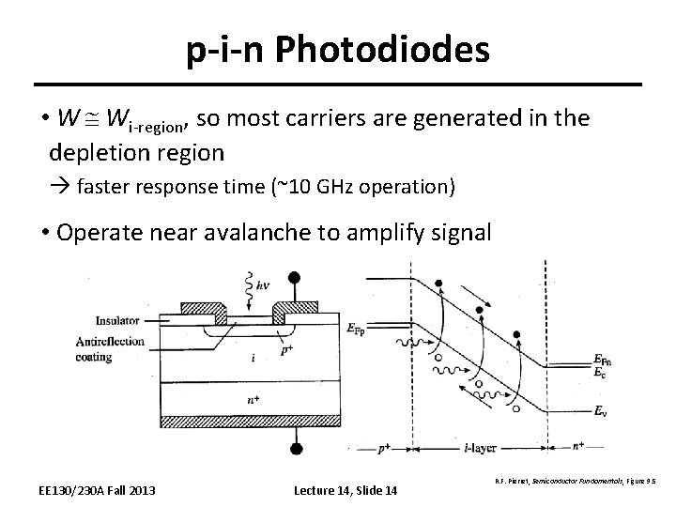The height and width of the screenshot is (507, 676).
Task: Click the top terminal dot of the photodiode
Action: (x=295, y=277)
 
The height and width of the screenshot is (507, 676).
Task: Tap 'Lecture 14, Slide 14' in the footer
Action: (x=346, y=490)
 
